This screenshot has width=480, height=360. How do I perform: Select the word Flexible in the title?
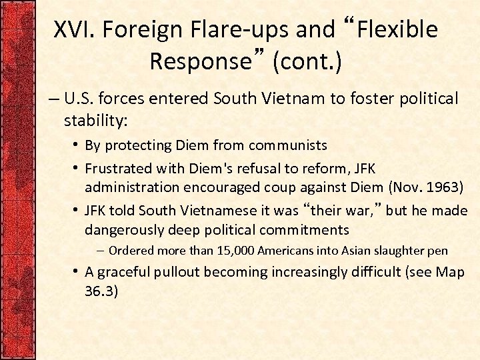coord(399,29)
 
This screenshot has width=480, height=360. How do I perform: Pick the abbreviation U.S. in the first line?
coord(81,99)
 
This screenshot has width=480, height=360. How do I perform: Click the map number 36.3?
coord(101,291)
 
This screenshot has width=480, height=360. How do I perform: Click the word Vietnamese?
coord(183,210)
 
